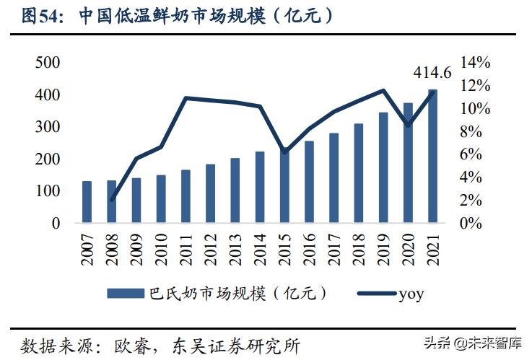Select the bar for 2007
(87, 202)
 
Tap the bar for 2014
(260, 188)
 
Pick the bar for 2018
(359, 174)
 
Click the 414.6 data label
(432, 72)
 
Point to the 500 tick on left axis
(47, 63)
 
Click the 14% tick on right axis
(476, 63)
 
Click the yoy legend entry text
(411, 293)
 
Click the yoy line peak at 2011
(186, 97)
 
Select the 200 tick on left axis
(47, 159)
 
